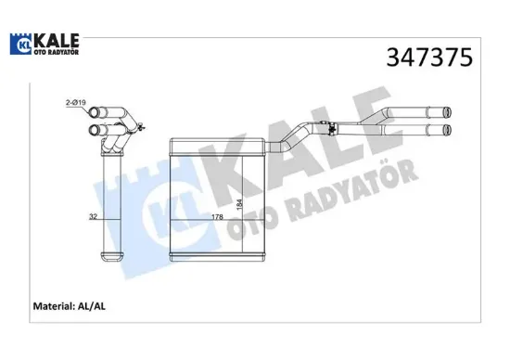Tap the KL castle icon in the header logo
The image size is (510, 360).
click(x=20, y=44)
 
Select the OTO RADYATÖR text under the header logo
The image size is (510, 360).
click(x=57, y=53)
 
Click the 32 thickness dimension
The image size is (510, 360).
click(x=93, y=216)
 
